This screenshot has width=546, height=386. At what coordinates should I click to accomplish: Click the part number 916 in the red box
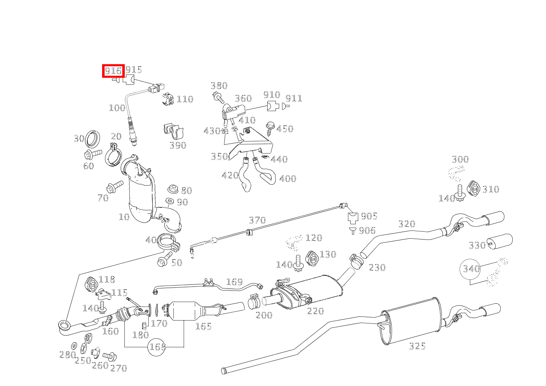(x=113, y=71)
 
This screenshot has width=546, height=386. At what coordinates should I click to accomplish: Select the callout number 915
(x=134, y=70)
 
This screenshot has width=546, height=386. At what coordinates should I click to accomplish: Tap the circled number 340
(x=471, y=269)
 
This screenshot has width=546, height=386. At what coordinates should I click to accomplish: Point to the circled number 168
(x=157, y=347)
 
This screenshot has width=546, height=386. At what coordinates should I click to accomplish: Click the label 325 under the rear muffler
(x=417, y=346)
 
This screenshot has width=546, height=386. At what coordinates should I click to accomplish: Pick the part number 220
(x=315, y=311)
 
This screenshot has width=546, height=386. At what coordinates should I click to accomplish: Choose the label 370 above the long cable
(x=257, y=220)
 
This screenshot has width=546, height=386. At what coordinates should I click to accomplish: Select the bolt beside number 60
(x=93, y=154)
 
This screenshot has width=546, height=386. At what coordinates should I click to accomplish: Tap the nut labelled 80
(x=173, y=189)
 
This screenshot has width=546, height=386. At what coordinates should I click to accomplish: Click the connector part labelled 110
(x=168, y=99)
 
